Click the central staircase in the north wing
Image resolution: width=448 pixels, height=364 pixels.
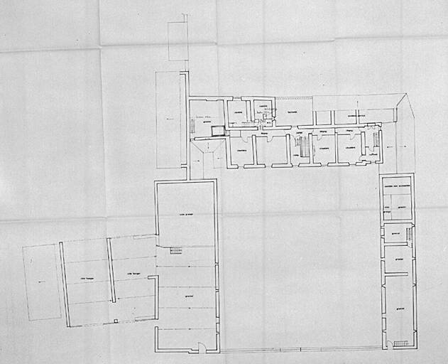(x=305, y=147)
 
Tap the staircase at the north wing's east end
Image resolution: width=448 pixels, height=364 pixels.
(x=376, y=139)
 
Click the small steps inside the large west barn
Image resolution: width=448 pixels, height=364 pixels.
(x=175, y=250)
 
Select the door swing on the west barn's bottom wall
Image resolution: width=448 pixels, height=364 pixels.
(x=201, y=348)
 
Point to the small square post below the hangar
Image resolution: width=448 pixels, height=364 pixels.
(x=116, y=321)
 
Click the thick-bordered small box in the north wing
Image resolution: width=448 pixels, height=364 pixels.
(x=218, y=131)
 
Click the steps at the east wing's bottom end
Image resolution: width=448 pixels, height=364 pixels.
(x=400, y=343)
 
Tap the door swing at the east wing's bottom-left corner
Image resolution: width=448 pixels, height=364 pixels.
(x=388, y=345)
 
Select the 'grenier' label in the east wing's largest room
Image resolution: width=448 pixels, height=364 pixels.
(x=400, y=308)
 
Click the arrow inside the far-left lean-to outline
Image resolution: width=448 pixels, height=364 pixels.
(x=40, y=282)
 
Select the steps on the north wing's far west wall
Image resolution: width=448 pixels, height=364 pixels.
(x=192, y=126)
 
